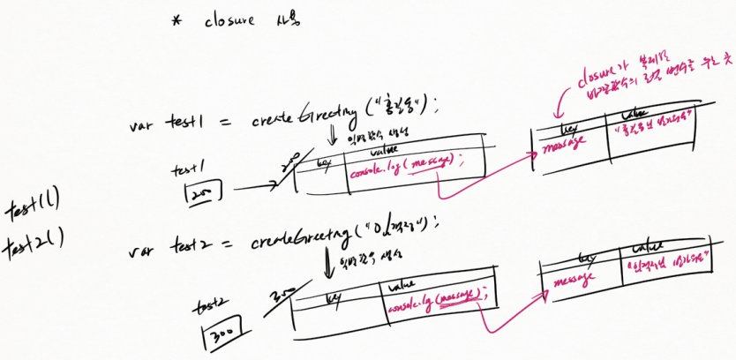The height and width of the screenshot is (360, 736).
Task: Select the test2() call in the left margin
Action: tap(38, 244)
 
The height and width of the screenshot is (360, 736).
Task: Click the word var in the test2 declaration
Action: tap(143, 251)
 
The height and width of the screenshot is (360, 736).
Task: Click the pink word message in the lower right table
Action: tap(571, 281)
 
